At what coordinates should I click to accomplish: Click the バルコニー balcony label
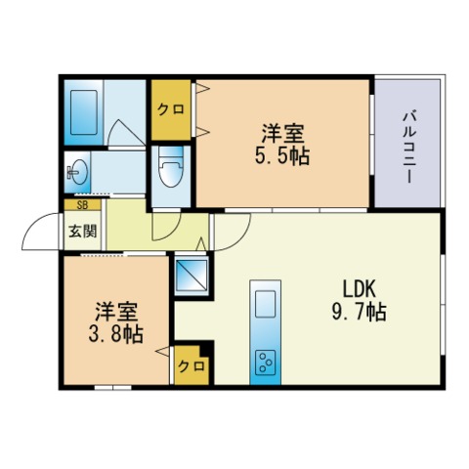click(408, 146)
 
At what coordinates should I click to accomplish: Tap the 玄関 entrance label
click(82, 232)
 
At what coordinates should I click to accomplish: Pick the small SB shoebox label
click(82, 205)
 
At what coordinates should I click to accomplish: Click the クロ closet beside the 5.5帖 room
click(170, 108)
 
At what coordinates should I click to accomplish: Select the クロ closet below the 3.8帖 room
click(191, 366)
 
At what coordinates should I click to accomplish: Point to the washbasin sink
click(78, 174)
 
